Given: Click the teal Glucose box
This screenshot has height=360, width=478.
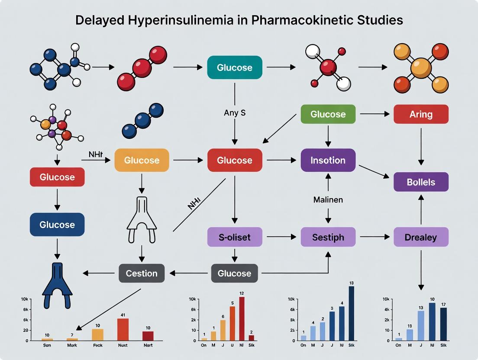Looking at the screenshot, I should coord(234,67).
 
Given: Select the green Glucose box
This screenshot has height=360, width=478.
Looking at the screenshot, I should coord(328,114).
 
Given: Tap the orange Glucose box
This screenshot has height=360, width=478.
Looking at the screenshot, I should coord(142,160).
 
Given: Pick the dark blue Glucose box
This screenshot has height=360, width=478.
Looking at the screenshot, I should coord(57,225).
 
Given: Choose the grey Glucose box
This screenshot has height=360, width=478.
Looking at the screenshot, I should coord(234,273).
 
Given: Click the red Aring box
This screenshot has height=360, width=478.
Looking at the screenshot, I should coord(421,114).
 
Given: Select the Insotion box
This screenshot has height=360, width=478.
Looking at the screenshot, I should coord(328,160).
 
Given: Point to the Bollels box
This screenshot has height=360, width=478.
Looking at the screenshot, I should coord(421,182).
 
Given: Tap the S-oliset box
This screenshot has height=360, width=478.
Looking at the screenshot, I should coord(234,237).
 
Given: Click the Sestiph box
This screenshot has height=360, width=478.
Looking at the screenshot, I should coord(328,237).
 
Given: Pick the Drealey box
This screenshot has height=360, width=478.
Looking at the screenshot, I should coord(421,237).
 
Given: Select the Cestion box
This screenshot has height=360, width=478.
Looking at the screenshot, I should coord(142,273).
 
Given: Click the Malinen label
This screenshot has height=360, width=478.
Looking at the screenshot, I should coord(328,200).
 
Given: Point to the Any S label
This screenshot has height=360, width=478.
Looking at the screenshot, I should coord(235,113).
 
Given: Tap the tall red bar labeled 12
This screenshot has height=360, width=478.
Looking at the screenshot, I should coord(242,319).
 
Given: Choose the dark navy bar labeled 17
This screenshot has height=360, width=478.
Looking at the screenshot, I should coord(443,324).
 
